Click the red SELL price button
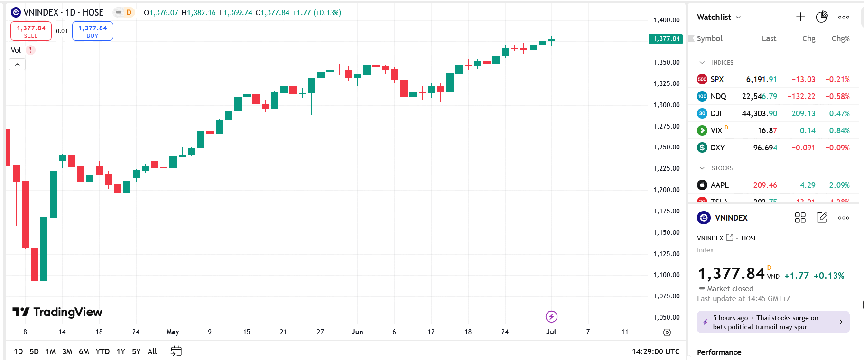(x=31, y=31)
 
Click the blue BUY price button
(x=93, y=31)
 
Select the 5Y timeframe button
(x=136, y=351)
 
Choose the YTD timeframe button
(x=102, y=351)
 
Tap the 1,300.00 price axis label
(x=666, y=105)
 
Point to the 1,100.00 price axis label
(x=666, y=275)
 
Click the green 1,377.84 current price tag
(x=666, y=39)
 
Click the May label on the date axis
(x=173, y=332)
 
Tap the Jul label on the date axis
(x=551, y=332)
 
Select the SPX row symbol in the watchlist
(x=717, y=79)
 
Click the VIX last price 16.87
(x=767, y=130)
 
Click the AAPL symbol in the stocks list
(x=719, y=185)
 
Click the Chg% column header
(x=840, y=38)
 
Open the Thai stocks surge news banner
(x=773, y=323)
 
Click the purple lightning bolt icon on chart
(x=551, y=316)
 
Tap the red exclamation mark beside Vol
(x=30, y=50)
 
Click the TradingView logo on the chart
(x=57, y=312)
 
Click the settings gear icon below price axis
(x=667, y=332)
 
